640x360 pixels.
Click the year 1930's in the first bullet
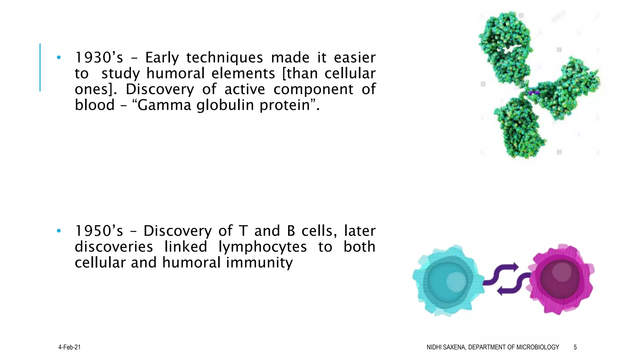(x=99, y=58)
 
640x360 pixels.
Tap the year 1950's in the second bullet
(x=99, y=231)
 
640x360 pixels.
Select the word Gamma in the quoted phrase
(x=164, y=105)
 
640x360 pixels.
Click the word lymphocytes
(x=262, y=247)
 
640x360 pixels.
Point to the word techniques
(x=224, y=58)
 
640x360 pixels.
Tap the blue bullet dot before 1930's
(x=59, y=57)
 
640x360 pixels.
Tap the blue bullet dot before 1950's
(x=59, y=231)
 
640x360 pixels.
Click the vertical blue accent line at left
(x=40, y=67)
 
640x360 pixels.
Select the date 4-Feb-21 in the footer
(x=69, y=347)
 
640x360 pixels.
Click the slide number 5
(x=575, y=347)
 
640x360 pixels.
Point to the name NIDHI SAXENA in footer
(x=446, y=347)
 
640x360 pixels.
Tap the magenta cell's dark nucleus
(x=559, y=278)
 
